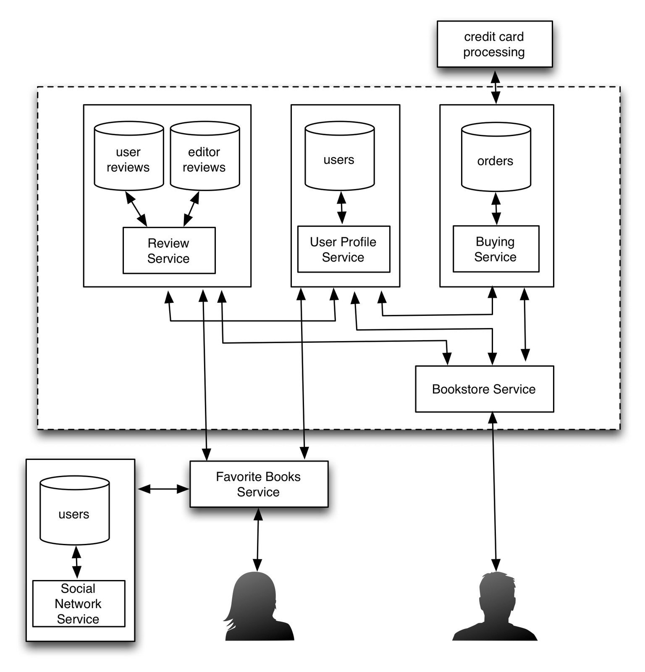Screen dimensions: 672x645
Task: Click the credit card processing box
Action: (x=494, y=44)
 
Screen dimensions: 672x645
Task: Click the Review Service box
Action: (x=169, y=251)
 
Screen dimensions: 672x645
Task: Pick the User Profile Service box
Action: (x=343, y=249)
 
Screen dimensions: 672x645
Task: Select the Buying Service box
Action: (x=496, y=249)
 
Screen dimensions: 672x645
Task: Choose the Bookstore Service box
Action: (x=484, y=389)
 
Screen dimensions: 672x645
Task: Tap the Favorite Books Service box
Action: (x=259, y=484)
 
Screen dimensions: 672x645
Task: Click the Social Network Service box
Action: (x=79, y=604)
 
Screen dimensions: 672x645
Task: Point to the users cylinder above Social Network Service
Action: (x=74, y=511)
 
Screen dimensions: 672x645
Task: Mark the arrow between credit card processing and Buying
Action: (x=496, y=87)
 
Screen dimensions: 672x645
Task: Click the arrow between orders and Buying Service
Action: (x=496, y=209)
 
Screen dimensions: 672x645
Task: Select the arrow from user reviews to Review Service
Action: (x=136, y=209)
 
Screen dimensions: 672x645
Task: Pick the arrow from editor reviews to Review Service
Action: (x=191, y=209)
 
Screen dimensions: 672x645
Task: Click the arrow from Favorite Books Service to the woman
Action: (x=258, y=540)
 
